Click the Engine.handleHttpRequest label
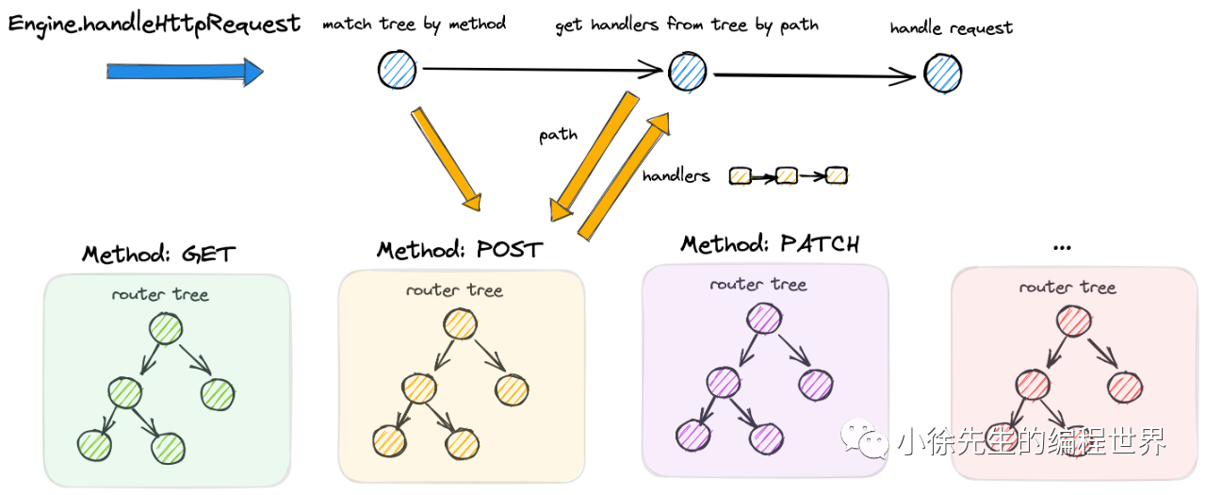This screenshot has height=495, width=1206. click(155, 25)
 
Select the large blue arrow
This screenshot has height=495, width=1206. click(185, 72)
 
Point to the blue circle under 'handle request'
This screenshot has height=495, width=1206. click(942, 73)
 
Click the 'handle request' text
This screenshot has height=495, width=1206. click(951, 28)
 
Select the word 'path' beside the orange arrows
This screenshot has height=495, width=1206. click(558, 135)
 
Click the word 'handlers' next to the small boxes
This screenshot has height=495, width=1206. click(676, 175)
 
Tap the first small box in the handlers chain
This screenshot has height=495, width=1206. click(741, 175)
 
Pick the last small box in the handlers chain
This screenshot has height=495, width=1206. click(836, 175)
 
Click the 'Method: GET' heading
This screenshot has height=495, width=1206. click(158, 255)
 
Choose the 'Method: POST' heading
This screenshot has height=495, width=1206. click(460, 250)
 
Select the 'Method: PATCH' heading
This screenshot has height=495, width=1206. click(770, 245)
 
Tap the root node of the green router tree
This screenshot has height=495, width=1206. click(165, 329)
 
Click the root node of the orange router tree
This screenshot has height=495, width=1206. click(459, 324)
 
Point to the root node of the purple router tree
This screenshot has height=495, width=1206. click(763, 320)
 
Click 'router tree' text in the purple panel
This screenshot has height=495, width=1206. click(758, 284)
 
